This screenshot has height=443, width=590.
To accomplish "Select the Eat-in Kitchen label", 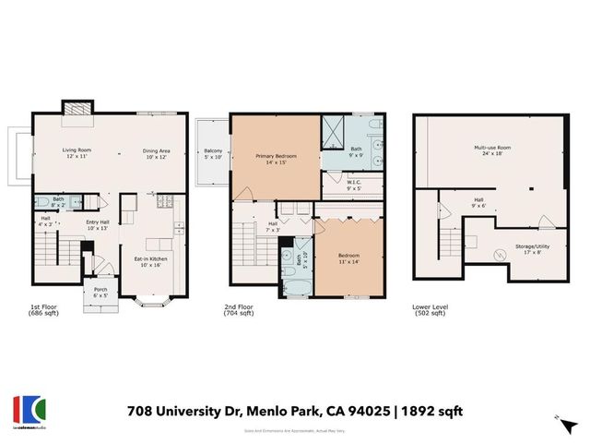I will coord(149,262).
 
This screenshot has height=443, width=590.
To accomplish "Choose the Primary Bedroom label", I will coord(277,160).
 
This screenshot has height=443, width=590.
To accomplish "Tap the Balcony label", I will coord(213,153).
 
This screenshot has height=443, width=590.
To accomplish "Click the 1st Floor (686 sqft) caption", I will coord(45,311).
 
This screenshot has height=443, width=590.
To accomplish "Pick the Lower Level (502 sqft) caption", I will coord(430,311).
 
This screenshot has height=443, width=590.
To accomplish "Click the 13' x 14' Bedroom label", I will coord(348,257).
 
